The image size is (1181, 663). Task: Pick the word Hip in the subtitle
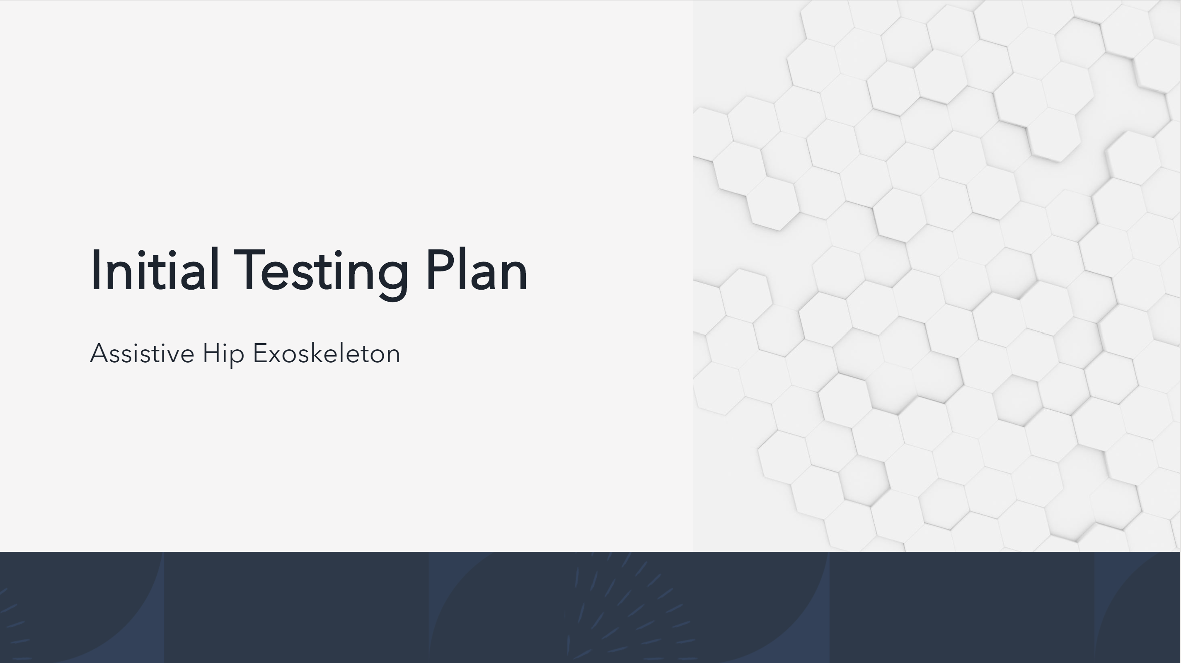click(x=223, y=354)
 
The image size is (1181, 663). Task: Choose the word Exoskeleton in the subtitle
click(x=327, y=353)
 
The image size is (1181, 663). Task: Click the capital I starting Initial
click(x=95, y=270)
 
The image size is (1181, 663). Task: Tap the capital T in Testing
click(x=249, y=270)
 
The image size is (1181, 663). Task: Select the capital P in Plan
click(x=441, y=270)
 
